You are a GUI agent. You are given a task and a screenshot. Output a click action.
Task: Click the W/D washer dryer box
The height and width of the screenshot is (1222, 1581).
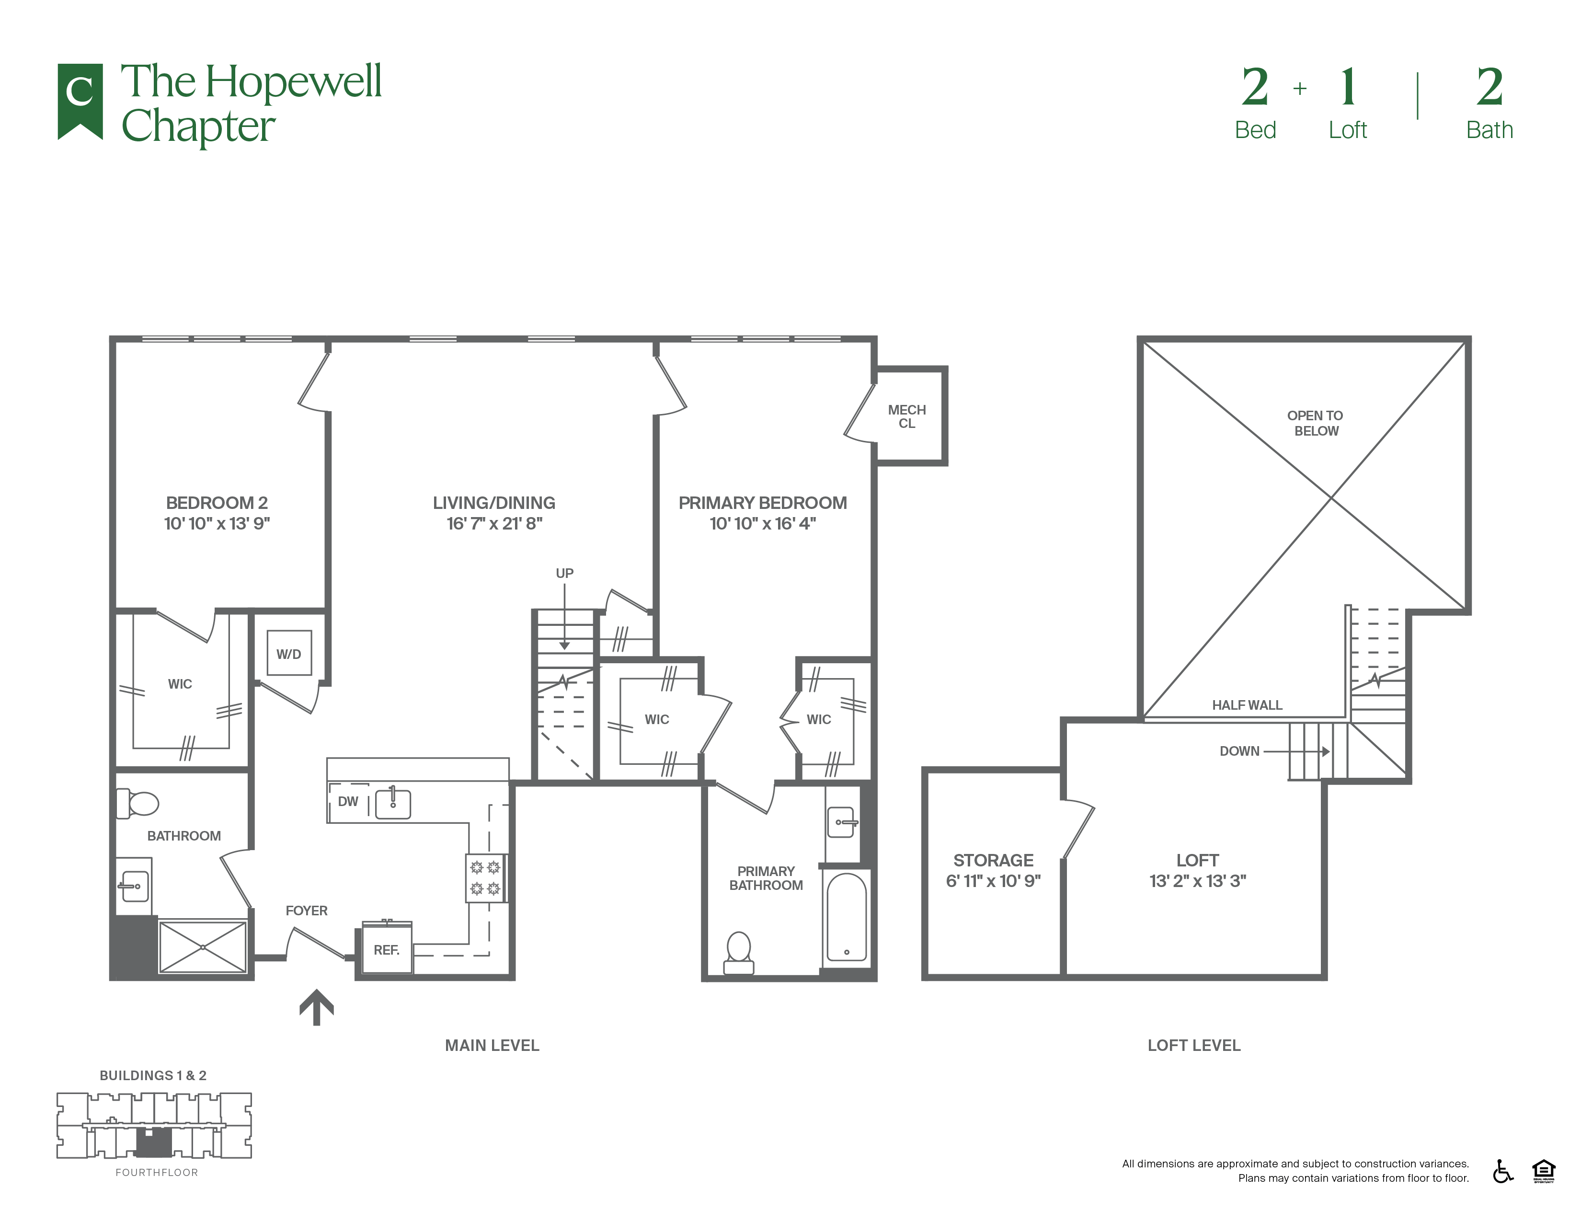tap(289, 653)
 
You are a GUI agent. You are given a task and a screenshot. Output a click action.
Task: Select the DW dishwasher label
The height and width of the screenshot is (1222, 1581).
tap(348, 801)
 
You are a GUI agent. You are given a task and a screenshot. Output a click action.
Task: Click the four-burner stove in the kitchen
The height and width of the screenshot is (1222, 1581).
tap(485, 877)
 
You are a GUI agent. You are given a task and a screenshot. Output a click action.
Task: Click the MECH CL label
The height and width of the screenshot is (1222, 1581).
tap(906, 416)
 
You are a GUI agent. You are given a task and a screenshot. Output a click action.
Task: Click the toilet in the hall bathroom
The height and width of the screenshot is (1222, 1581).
tap(138, 803)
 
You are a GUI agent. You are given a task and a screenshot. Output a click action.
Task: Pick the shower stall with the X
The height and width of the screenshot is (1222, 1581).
tap(203, 946)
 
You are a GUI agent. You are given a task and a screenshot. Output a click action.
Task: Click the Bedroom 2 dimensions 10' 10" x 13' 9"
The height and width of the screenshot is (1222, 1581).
tap(217, 523)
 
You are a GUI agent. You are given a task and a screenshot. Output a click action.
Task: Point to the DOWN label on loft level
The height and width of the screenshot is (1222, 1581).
tap(1239, 751)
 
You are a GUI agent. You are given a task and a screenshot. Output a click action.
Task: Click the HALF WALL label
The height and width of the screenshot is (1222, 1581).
tap(1247, 704)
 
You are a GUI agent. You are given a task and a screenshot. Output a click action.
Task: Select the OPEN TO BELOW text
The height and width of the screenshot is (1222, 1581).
tap(1315, 423)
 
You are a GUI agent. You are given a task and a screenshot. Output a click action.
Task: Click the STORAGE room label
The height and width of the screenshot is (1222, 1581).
tap(993, 860)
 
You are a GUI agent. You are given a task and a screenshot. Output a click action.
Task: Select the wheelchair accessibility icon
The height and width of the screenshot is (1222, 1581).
tap(1503, 1171)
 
